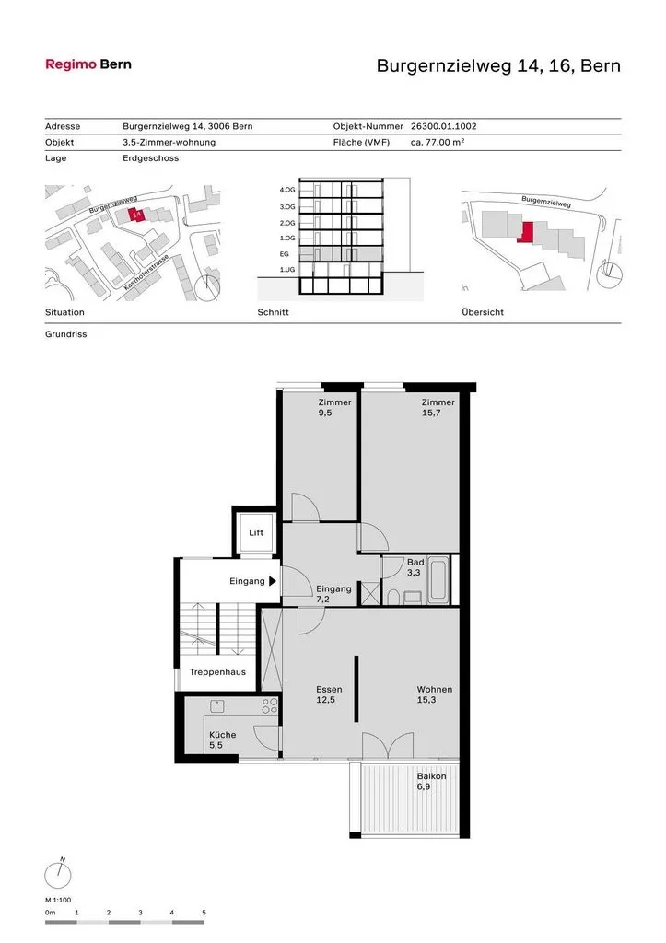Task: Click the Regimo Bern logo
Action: [x=88, y=64]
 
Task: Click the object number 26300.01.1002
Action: [x=443, y=126]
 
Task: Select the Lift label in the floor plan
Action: [x=256, y=533]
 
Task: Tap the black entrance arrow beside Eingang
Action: [x=273, y=582]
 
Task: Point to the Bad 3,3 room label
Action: [x=415, y=567]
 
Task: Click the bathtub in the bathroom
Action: [x=438, y=580]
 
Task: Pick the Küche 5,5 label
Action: [x=222, y=739]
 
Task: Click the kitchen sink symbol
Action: [x=216, y=705]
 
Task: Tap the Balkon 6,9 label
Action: [x=431, y=781]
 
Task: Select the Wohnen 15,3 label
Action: [x=435, y=694]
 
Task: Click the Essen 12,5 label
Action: [x=329, y=694]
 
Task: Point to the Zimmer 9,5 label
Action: [x=334, y=407]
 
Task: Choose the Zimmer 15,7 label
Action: [x=438, y=407]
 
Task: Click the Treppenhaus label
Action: [x=217, y=672]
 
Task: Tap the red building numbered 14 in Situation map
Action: [x=136, y=214]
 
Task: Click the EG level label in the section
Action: [x=285, y=254]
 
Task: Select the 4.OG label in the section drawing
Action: [x=287, y=190]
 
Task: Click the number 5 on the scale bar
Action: [x=204, y=913]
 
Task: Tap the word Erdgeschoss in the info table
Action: [x=150, y=158]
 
